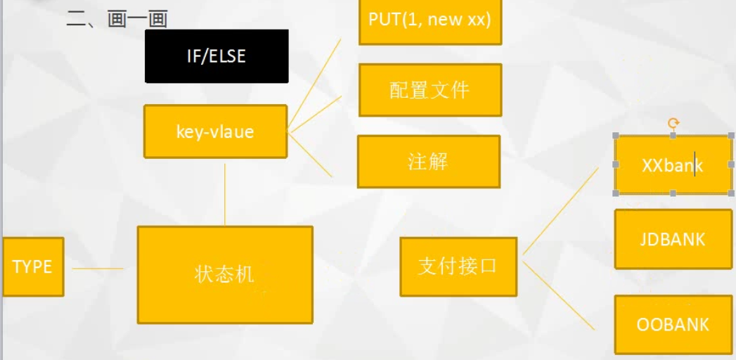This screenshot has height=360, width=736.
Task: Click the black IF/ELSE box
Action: point(217,56)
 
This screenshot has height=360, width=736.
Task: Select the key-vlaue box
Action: point(215,131)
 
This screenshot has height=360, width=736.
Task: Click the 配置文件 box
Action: point(430,90)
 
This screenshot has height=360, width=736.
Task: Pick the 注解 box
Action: point(429,162)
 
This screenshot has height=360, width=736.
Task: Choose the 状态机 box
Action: point(225,274)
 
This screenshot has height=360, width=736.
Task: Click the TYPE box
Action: point(32,266)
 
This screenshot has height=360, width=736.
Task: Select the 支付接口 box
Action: point(458,266)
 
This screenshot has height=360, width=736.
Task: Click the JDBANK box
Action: point(673,239)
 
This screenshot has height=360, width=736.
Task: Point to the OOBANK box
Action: point(673,325)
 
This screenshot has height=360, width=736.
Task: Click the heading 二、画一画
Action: point(117,19)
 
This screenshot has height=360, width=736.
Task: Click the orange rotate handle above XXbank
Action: point(673,124)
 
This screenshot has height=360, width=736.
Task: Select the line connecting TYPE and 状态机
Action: point(98,268)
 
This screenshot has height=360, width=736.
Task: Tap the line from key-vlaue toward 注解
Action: point(310,154)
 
